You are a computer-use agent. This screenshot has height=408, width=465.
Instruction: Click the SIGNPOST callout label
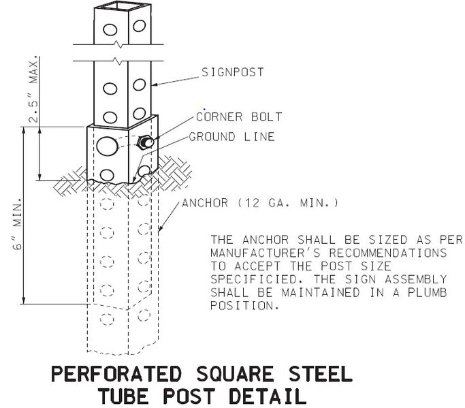point(233,72)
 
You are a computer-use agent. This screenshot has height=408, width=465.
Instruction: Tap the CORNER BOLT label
point(239,116)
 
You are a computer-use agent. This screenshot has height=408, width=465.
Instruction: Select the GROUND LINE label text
point(231,137)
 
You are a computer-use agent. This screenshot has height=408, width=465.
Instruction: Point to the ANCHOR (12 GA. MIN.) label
point(260,203)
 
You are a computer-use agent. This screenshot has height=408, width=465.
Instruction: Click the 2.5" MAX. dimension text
point(34,89)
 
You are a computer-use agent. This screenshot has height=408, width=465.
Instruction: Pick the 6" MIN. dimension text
point(18,223)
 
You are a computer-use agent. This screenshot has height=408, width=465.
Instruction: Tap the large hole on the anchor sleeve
point(107,146)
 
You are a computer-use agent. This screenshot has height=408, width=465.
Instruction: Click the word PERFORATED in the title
point(116,373)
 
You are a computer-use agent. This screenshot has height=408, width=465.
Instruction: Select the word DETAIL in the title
point(268,396)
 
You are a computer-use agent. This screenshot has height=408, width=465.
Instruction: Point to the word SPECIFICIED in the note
point(254,279)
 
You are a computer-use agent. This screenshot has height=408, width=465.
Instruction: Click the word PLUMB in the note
point(427,293)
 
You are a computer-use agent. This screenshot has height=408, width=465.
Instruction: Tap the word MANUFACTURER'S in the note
point(266,253)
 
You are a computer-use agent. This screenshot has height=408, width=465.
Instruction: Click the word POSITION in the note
point(244,306)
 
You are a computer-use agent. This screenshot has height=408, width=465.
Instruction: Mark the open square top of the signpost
point(123,6)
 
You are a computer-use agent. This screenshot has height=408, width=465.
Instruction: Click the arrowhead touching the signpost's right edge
point(155,85)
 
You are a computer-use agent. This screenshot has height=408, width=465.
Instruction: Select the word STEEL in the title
point(320,373)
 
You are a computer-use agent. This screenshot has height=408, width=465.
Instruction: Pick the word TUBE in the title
point(123,396)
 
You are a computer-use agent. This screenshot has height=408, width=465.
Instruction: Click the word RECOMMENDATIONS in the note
point(388,253)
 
